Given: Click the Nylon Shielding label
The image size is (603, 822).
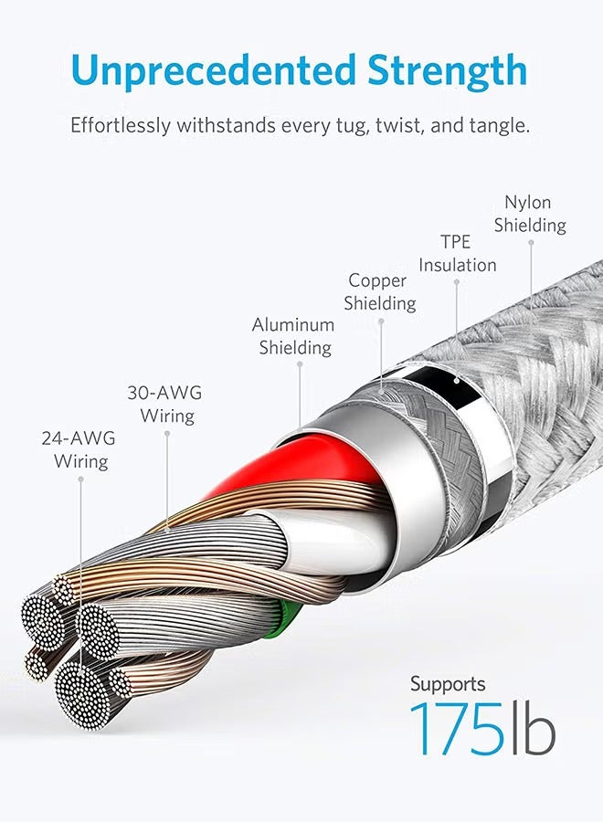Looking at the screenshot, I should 530,213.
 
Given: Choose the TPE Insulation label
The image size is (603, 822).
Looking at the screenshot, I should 457,253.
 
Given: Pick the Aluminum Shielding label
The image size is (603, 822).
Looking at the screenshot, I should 293,335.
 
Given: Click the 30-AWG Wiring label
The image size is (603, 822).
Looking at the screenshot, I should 164,404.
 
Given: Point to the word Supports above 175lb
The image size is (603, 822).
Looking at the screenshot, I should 448,683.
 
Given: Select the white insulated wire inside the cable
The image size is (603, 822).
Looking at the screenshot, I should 311,539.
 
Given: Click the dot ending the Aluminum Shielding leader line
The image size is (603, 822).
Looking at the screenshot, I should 300,365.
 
